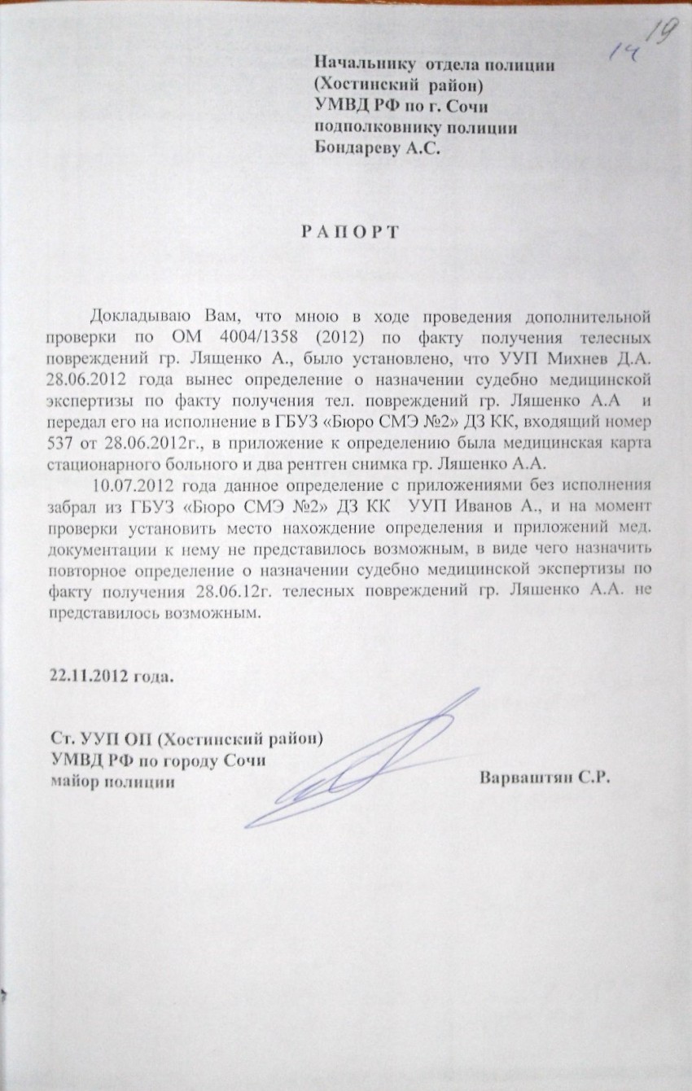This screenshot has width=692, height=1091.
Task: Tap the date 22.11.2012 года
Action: (x=112, y=677)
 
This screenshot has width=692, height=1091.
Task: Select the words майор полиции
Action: (x=112, y=780)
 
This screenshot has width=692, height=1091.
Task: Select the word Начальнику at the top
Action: (x=365, y=64)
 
